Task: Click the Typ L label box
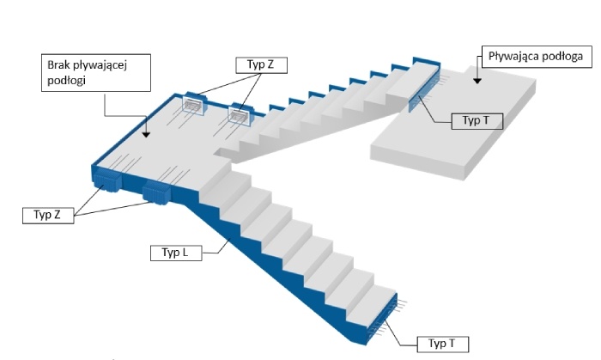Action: pyautogui.click(x=176, y=253)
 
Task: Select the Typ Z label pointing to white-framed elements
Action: pyautogui.click(x=261, y=64)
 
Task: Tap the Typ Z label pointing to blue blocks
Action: pyautogui.click(x=48, y=215)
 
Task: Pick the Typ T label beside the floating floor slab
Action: pyautogui.click(x=477, y=121)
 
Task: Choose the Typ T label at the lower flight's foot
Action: pyautogui.click(x=443, y=344)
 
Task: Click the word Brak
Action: pyautogui.click(x=58, y=64)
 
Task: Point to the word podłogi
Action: pyautogui.click(x=66, y=81)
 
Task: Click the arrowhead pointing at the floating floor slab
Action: pyautogui.click(x=477, y=81)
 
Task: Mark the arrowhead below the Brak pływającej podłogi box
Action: pyautogui.click(x=146, y=135)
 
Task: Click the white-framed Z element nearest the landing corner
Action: pyautogui.click(x=193, y=104)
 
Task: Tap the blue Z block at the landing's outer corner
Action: pyautogui.click(x=107, y=180)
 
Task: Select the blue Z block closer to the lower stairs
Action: pyautogui.click(x=155, y=192)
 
